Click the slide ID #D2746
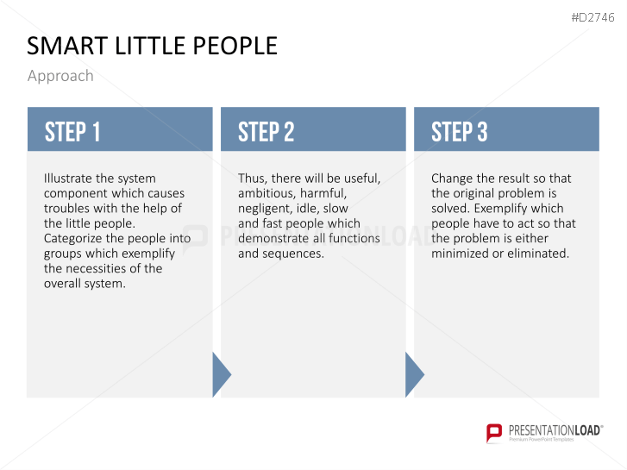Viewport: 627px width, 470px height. (x=593, y=17)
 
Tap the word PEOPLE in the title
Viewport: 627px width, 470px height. (x=235, y=46)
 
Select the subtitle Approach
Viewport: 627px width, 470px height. (x=60, y=76)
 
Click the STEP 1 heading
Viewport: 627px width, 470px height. (x=72, y=132)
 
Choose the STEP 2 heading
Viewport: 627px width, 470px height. (x=266, y=132)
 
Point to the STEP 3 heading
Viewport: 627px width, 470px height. (x=459, y=132)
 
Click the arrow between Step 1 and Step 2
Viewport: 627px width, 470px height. (x=221, y=375)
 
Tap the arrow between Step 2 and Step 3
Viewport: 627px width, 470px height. (x=414, y=375)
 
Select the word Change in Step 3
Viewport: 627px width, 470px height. (x=452, y=179)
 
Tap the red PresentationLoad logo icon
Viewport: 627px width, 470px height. (x=494, y=432)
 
